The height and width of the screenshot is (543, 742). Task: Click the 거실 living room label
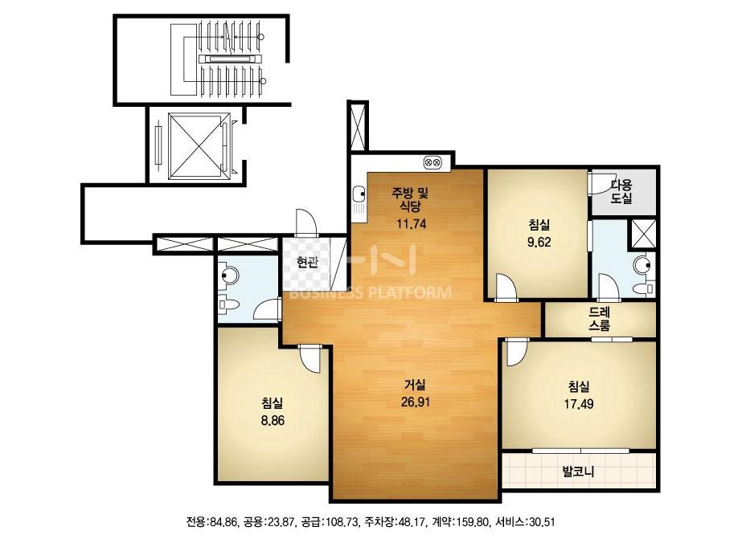tap(415, 385)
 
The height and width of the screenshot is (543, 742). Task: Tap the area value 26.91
tap(415, 402)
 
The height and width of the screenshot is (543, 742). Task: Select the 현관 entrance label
tap(307, 262)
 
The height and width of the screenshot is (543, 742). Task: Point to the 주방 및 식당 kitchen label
tap(410, 199)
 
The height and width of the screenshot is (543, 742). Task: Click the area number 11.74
tap(412, 224)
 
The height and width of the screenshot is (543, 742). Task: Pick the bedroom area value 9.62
tap(539, 242)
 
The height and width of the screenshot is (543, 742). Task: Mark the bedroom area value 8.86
tap(273, 420)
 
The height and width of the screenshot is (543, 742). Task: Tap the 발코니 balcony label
tap(578, 472)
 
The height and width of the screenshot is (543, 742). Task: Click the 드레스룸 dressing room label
tap(599, 319)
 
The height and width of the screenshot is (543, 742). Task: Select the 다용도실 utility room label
tap(621, 191)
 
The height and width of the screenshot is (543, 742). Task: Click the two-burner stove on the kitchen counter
tap(432, 162)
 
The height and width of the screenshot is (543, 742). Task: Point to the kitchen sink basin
tap(359, 193)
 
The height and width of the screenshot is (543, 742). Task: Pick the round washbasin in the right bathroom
tap(642, 264)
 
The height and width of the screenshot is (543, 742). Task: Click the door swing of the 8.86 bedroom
tap(311, 359)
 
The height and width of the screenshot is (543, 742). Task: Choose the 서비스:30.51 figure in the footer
tap(525, 522)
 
